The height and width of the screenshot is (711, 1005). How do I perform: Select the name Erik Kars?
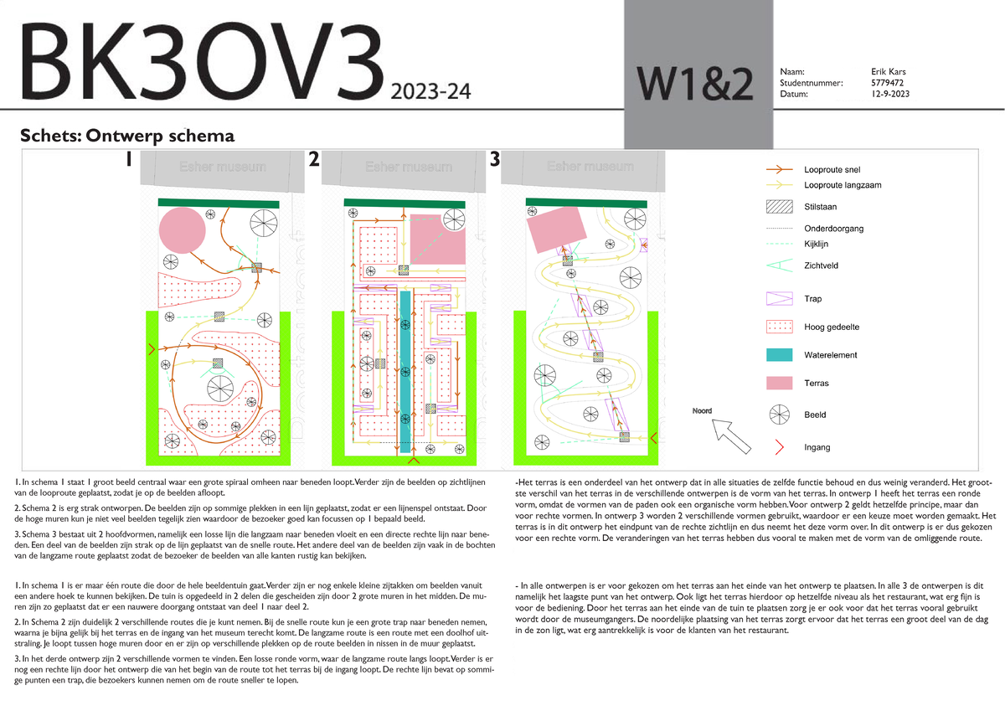pyautogui.click(x=889, y=72)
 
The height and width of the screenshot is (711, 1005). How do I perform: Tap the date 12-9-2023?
pyautogui.click(x=889, y=94)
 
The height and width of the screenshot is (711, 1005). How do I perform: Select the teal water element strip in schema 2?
pyautogui.click(x=405, y=368)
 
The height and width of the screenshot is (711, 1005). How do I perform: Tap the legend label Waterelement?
pyautogui.click(x=831, y=355)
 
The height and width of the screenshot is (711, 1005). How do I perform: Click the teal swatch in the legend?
pyautogui.click(x=779, y=355)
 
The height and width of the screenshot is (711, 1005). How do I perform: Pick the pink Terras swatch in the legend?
pyautogui.click(x=779, y=384)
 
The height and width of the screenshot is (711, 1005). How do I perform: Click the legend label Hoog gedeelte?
pyautogui.click(x=832, y=327)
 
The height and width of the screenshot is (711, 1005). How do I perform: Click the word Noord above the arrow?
pyautogui.click(x=702, y=411)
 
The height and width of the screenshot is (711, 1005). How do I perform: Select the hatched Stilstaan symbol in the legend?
pyautogui.click(x=779, y=206)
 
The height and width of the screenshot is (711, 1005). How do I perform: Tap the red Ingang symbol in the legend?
pyautogui.click(x=779, y=447)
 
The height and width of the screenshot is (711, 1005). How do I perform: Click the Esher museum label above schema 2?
pyautogui.click(x=407, y=167)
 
